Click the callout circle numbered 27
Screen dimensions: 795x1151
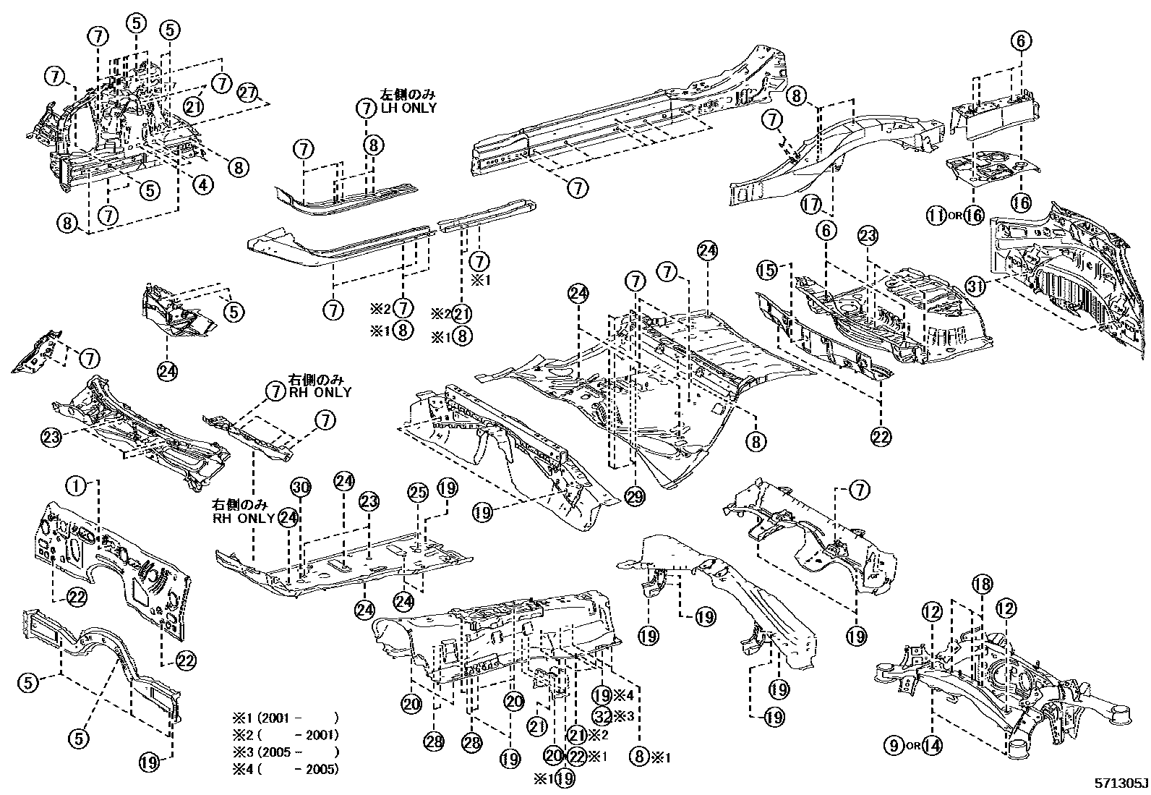[x=248, y=93]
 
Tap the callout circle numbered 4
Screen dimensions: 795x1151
[x=203, y=185]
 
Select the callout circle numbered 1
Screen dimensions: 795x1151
[x=75, y=486]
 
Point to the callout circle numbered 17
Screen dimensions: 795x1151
[x=811, y=205]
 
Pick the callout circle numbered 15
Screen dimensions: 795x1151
[x=768, y=271]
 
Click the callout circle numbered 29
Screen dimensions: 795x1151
[x=635, y=498]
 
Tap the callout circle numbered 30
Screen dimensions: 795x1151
[x=301, y=488]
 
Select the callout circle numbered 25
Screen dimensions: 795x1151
[x=418, y=492]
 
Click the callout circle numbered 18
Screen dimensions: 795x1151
[x=981, y=585]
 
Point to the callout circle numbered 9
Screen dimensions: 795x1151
[x=894, y=744]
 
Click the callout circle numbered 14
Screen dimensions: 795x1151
[x=932, y=744]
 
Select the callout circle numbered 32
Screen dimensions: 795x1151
[x=602, y=715]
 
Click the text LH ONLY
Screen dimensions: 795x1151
[x=408, y=108]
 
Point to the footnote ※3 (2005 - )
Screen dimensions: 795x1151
[x=285, y=752]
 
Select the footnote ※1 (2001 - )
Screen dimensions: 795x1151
[x=285, y=719]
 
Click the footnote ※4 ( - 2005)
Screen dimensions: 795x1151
[x=285, y=769]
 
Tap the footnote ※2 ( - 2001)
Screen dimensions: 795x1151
[x=285, y=736]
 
